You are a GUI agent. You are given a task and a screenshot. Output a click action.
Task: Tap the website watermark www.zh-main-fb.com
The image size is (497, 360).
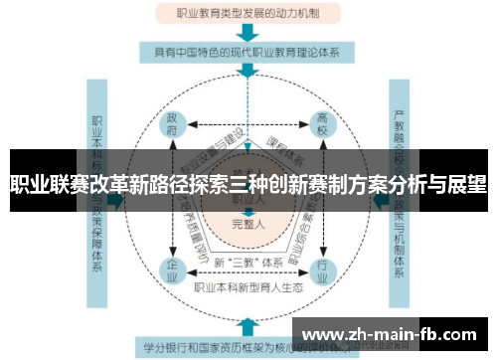point(394,332)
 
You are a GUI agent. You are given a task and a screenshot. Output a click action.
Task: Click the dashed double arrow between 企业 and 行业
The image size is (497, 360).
point(248,270)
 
